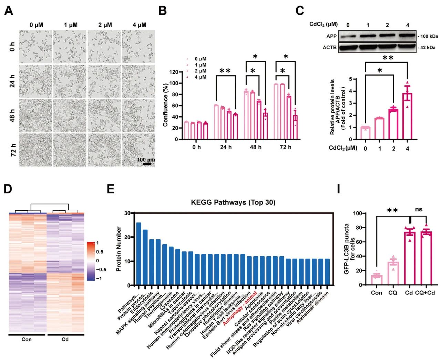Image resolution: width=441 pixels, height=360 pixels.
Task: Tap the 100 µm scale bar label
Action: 146,160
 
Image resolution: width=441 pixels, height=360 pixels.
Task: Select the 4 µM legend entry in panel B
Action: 200,77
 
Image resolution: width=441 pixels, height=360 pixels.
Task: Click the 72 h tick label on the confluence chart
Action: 285,147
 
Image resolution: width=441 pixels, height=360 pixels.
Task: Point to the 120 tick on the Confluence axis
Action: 173,72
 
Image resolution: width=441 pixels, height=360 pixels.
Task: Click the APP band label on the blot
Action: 331,36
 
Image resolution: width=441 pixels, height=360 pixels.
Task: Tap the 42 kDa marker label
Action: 428,47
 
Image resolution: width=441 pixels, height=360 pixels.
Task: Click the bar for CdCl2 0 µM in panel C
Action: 365,133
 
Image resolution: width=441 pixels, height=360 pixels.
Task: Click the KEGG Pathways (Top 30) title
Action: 233,202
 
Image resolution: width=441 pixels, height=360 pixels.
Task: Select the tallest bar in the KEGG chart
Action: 139,254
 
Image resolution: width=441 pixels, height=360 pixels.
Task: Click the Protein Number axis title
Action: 119,249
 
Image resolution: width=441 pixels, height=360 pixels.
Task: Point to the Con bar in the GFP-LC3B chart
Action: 377,280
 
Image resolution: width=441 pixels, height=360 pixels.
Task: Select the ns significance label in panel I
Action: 419,209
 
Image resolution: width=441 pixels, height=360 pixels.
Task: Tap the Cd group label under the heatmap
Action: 65,339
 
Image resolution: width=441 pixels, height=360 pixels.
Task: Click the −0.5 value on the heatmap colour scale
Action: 101,270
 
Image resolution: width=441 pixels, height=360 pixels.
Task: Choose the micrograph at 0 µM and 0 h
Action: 35,47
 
